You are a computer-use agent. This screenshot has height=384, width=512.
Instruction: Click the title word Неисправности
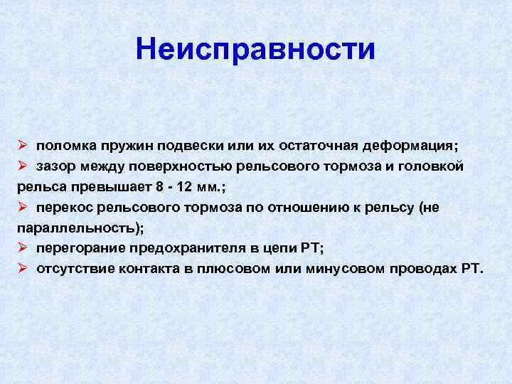point(255,50)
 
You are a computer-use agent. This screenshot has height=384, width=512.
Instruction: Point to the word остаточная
point(319,146)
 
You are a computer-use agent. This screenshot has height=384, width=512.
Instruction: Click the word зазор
point(56,167)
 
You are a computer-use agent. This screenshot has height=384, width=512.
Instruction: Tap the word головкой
point(430,166)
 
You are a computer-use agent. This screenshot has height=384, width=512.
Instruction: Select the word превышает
point(112,188)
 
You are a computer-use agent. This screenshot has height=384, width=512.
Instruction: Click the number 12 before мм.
point(184,187)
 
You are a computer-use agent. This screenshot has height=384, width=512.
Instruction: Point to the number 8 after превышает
point(159,187)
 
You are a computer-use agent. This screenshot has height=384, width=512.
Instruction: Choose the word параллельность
point(76,228)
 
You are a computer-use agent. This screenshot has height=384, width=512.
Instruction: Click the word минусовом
point(346,269)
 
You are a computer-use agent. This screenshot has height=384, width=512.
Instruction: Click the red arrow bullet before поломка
point(22,145)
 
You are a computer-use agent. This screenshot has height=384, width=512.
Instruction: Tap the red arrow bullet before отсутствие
point(22,268)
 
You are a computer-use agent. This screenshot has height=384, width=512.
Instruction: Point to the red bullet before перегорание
point(22,247)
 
